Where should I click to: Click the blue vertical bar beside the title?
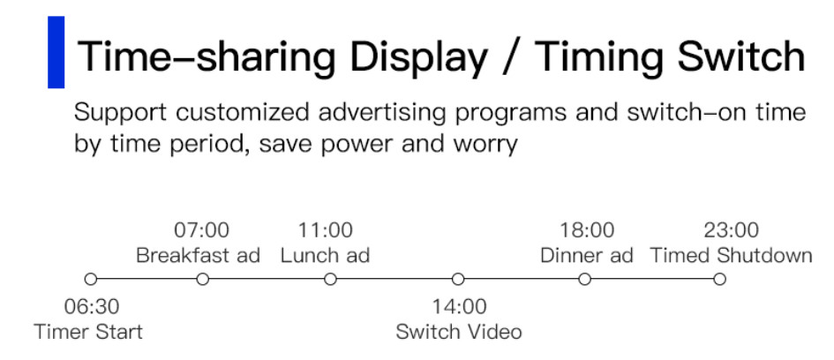click(56, 52)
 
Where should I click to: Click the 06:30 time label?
click(92, 307)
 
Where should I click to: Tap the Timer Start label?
click(88, 332)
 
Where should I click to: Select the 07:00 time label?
click(201, 230)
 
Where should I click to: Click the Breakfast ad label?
click(198, 255)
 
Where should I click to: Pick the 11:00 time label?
click(325, 230)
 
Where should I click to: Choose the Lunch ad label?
click(325, 255)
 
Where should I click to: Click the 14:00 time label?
click(459, 307)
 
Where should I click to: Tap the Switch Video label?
click(459, 332)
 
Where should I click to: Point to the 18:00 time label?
click(587, 230)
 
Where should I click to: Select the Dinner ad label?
click(587, 255)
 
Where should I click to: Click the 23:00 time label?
click(732, 230)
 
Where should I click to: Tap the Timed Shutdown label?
click(732, 255)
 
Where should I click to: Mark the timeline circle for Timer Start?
click(91, 279)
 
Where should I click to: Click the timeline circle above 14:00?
click(458, 279)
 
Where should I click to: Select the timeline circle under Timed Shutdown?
click(719, 279)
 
